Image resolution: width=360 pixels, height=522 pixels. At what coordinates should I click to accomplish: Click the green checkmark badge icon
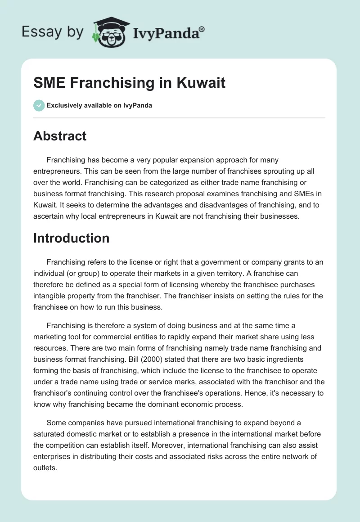pyautogui.click(x=39, y=105)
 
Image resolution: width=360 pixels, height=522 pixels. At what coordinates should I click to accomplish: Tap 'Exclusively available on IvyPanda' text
pyautogui.click(x=99, y=106)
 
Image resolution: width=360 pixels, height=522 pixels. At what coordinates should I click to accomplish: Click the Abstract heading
pyautogui.click(x=60, y=136)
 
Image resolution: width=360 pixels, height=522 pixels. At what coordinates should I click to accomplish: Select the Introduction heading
pyautogui.click(x=71, y=238)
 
